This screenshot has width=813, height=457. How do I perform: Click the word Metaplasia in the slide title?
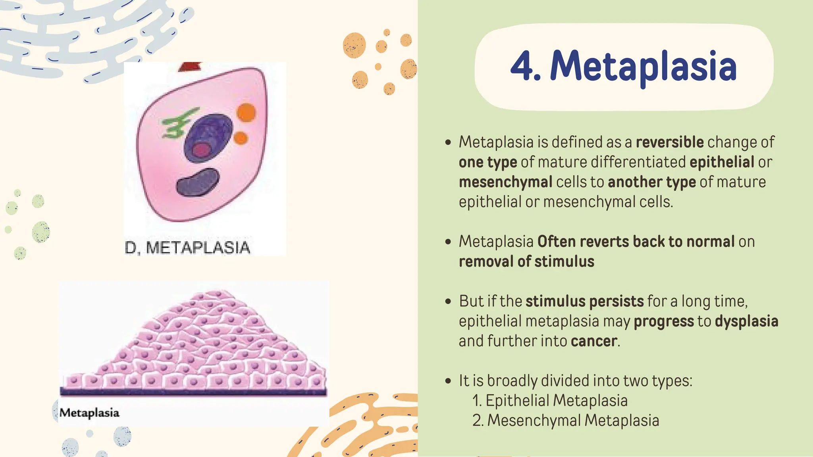point(643,67)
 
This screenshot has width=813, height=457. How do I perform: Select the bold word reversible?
point(670,142)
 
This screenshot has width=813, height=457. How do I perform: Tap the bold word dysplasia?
point(746,321)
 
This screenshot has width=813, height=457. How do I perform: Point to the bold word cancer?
point(594,341)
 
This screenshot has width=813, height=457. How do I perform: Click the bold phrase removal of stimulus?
point(526,262)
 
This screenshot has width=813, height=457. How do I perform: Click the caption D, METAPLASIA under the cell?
point(187,248)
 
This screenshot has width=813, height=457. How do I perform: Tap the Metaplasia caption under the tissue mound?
point(89,413)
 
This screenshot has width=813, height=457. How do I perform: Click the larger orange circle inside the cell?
point(247,112)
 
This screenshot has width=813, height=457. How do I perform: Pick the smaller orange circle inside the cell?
point(241,138)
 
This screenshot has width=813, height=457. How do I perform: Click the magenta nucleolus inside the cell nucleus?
point(202,150)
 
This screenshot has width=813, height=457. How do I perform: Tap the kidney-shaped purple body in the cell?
point(198,182)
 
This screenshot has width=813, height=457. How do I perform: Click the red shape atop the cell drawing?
point(190,67)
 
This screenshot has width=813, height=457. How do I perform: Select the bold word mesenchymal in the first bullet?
point(505,182)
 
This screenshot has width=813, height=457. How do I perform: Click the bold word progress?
point(663,321)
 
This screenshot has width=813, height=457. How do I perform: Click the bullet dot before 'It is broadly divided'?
point(448,381)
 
